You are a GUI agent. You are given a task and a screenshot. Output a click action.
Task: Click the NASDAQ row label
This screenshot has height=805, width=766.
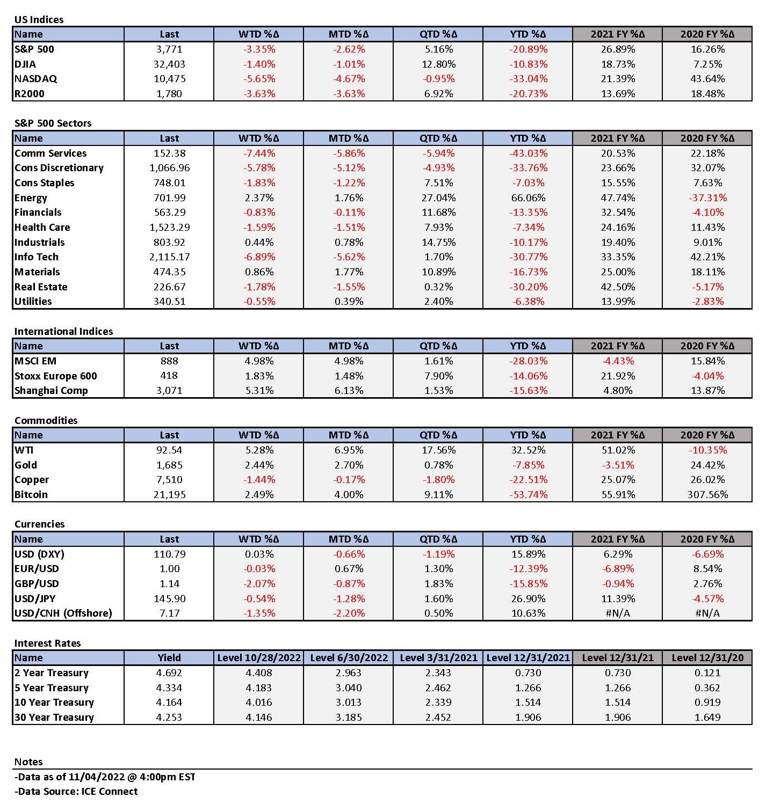[35, 78]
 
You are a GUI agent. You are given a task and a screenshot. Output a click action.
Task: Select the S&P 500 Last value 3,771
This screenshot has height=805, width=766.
[169, 49]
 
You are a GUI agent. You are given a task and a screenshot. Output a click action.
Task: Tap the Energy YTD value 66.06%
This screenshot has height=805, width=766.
[528, 198]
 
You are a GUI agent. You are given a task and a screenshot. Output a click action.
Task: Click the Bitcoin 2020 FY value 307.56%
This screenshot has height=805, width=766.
[707, 494]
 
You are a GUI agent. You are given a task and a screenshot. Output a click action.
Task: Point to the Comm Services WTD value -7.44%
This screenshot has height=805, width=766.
[259, 153]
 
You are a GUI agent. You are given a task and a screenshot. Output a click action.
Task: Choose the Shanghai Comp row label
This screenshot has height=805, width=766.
[51, 391]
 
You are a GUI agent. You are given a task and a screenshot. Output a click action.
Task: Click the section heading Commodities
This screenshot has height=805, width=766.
[46, 421]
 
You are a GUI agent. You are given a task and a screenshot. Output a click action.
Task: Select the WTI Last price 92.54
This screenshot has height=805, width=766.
[169, 450]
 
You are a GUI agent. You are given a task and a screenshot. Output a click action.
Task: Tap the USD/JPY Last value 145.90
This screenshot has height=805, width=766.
[169, 598]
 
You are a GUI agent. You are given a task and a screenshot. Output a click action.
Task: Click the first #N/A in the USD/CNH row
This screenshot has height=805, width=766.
[618, 613]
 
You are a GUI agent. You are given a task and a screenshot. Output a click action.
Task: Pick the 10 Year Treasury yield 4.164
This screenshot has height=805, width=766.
[169, 702]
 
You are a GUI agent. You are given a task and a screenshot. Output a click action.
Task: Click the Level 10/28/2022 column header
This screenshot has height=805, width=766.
[259, 657]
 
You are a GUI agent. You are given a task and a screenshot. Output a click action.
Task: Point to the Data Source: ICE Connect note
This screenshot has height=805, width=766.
[76, 792]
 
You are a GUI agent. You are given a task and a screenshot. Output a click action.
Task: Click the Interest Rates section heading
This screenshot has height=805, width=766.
[48, 643]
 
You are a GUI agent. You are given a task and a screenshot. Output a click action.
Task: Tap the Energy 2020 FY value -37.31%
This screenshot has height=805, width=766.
[707, 198]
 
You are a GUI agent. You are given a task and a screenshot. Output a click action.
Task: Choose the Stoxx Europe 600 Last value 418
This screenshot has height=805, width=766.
[169, 376]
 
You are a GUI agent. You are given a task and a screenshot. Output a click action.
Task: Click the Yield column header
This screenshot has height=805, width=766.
[169, 657]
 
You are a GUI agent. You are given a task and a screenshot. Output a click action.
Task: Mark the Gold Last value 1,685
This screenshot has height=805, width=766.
[169, 465]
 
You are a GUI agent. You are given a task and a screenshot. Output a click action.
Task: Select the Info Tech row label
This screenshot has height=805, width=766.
[37, 257]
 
